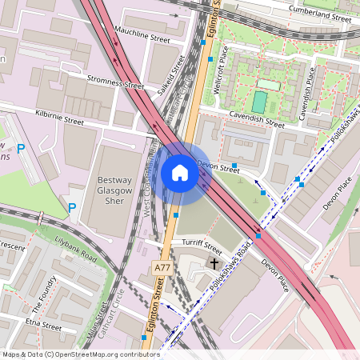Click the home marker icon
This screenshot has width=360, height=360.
click(x=180, y=173)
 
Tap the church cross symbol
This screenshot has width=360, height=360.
click(x=214, y=262)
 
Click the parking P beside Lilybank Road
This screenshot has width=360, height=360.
click(x=72, y=208)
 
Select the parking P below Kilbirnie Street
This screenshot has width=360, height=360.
click(x=21, y=149)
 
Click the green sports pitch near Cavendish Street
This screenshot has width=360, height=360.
click(x=259, y=102)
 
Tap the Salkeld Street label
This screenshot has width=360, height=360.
click(x=171, y=76)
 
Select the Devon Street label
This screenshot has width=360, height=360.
click(x=218, y=169)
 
